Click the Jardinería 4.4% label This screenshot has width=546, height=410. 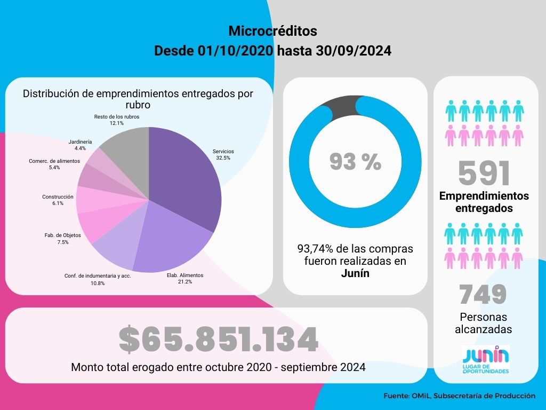pyautogui.click(x=80, y=145)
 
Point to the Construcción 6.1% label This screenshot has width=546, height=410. pyautogui.click(x=58, y=200)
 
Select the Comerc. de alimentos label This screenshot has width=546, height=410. pyautogui.click(x=54, y=164)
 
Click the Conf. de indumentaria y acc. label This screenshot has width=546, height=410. pyautogui.click(x=98, y=276)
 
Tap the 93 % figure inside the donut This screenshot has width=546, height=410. pyautogui.click(x=355, y=162)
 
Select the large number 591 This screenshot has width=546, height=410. pyautogui.click(x=484, y=173)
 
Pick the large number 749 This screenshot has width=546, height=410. pyautogui.click(x=483, y=294)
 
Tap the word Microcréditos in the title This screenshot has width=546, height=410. pyautogui.click(x=272, y=31)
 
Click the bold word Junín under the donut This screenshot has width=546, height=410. pyautogui.click(x=355, y=273)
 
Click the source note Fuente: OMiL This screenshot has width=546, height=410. pyautogui.click(x=459, y=396)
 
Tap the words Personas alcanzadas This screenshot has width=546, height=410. pyautogui.click(x=483, y=323)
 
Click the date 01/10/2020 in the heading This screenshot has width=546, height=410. pyautogui.click(x=236, y=51)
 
